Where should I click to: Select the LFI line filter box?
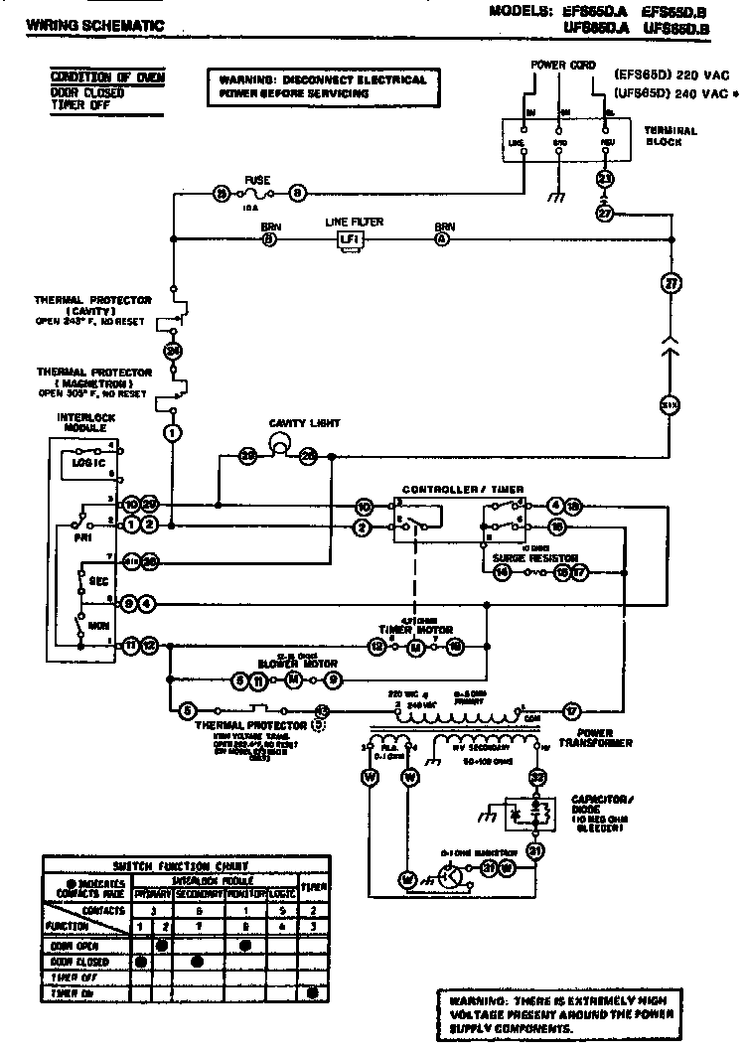[350, 239]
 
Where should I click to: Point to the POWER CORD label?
[562, 65]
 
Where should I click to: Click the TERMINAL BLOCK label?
[672, 136]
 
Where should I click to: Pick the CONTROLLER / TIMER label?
[462, 490]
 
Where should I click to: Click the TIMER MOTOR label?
[415, 630]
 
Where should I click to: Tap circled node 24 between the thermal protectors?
[172, 350]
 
